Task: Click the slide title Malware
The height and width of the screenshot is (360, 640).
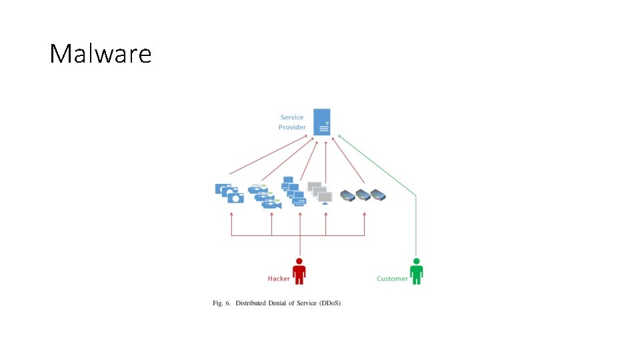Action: (101, 54)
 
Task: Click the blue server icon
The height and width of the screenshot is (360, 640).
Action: (323, 122)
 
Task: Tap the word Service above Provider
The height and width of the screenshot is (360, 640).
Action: (292, 117)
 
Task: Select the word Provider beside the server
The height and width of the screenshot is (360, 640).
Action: (292, 127)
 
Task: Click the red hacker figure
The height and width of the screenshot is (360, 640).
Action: (299, 271)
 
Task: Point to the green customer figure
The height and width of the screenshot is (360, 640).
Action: (416, 271)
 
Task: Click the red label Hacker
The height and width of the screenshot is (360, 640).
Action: (279, 279)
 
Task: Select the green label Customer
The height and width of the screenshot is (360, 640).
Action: (392, 279)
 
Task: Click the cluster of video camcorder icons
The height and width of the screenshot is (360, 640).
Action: (265, 196)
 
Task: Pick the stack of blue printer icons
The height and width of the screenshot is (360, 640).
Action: (293, 191)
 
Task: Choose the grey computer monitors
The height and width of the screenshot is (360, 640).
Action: (321, 193)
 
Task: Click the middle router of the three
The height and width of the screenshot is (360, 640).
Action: (363, 195)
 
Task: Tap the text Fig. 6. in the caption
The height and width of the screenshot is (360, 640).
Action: (221, 303)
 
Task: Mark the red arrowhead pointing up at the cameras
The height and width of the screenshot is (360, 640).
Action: (231, 215)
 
